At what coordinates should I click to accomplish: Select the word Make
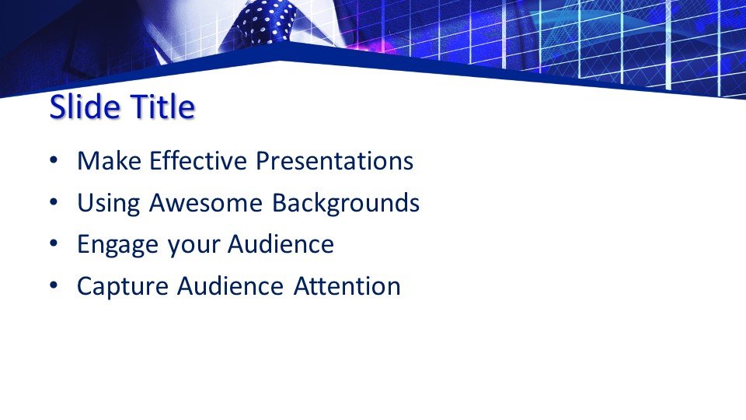coord(109,160)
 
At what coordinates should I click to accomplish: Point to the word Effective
coord(198,160)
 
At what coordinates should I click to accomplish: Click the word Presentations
coord(334,160)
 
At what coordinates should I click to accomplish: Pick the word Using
coord(109,203)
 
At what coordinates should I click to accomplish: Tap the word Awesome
coord(205,202)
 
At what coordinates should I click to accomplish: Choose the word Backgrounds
coord(346,202)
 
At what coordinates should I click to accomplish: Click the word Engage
coord(117,245)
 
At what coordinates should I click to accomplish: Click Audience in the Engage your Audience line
coord(281,244)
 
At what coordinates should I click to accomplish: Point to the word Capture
coord(123,287)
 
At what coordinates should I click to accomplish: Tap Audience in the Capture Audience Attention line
coord(230,286)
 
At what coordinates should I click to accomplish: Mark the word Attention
coord(347,286)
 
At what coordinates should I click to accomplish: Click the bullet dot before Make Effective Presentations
coord(54,160)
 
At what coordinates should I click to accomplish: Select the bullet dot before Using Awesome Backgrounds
coord(54,202)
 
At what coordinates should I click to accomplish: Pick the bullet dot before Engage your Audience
coord(54,243)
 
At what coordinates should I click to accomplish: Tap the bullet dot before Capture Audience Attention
coord(54,285)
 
